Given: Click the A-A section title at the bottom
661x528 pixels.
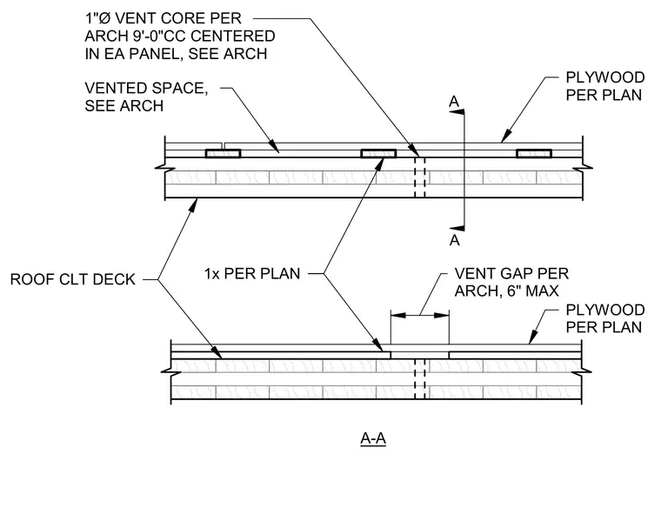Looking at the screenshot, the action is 373,438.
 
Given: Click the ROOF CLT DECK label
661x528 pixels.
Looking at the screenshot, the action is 72,279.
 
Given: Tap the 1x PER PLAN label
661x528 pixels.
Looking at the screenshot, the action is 252,274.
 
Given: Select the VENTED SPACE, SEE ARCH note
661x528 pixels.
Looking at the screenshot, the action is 146,97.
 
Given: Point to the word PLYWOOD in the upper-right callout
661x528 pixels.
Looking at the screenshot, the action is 605,77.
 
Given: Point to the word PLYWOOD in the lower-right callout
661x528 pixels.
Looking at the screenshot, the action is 605,310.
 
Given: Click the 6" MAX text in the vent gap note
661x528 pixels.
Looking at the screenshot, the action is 533,291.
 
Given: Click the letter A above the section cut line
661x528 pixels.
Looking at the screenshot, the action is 454,102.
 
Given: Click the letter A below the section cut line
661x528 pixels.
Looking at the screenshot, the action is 454,240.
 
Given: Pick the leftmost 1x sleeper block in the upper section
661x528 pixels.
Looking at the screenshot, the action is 223,153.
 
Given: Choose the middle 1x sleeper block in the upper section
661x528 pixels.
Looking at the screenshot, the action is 378,153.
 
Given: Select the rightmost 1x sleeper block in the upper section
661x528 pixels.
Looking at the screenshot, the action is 534,153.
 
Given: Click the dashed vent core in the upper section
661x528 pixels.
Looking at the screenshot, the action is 420,177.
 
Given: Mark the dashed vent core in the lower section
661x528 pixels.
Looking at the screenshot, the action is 420,378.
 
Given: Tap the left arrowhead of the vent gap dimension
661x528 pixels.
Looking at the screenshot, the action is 398,315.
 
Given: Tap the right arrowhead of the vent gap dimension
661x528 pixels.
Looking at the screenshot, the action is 441,315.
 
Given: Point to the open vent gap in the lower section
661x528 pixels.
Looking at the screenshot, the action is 420,355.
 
